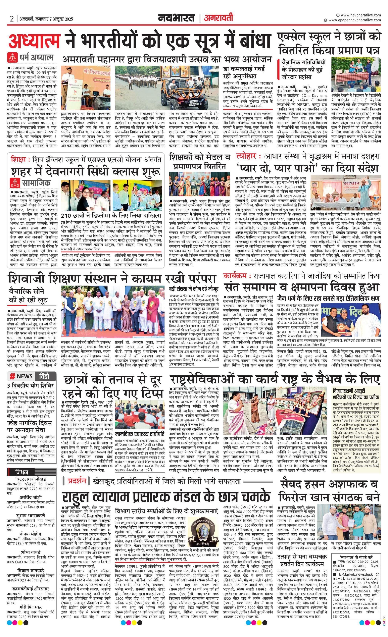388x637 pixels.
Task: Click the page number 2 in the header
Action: [12, 19]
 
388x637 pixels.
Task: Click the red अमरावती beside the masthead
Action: [218, 18]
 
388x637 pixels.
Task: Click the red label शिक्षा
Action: [19, 160]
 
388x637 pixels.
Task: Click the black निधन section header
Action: [22, 472]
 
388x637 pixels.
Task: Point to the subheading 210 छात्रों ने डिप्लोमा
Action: [111, 215]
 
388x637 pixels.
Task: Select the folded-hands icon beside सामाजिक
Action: [14, 183]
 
